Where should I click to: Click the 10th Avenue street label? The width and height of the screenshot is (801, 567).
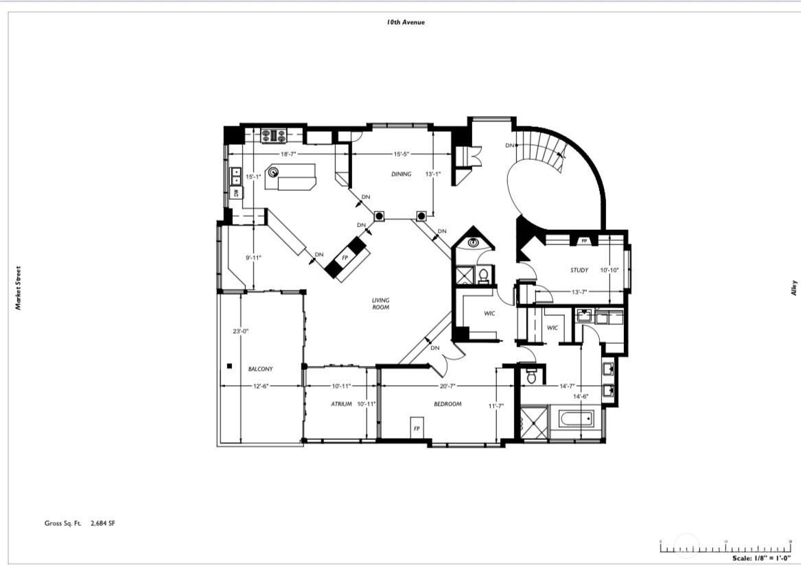coord(406,22)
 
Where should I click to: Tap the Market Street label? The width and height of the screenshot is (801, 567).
coord(19,288)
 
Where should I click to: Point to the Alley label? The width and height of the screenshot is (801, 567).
coord(794,288)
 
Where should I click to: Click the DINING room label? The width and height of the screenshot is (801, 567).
coord(402,174)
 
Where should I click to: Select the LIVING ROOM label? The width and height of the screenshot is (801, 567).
coord(381,303)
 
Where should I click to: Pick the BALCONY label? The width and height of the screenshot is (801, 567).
coord(260,369)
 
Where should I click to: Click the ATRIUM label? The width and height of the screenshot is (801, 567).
coord(341,404)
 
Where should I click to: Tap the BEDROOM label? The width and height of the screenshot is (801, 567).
coord(448,404)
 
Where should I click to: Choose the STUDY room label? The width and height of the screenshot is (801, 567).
coord(579,270)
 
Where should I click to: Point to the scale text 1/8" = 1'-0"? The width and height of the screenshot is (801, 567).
coord(761,558)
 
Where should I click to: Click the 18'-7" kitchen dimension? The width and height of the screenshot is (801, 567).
coord(288,154)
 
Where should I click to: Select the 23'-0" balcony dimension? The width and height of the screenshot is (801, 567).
coord(240,331)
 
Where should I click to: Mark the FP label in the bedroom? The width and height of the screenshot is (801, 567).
coord(416,428)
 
